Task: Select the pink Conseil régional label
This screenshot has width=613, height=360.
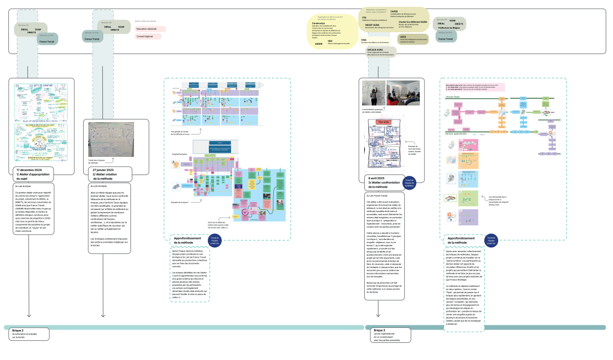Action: click(148, 37)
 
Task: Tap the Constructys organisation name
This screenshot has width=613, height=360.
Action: click(318, 24)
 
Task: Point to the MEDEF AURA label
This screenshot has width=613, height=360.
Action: click(372, 24)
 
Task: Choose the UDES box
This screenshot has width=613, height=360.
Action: click(404, 37)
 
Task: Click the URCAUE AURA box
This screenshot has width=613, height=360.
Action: click(375, 50)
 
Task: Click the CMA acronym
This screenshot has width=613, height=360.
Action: click(364, 39)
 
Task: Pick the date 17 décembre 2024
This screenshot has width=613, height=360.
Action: click(29, 170)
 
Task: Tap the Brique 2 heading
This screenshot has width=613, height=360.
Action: click(19, 330)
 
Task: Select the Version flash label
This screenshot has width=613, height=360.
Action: click(454, 97)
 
